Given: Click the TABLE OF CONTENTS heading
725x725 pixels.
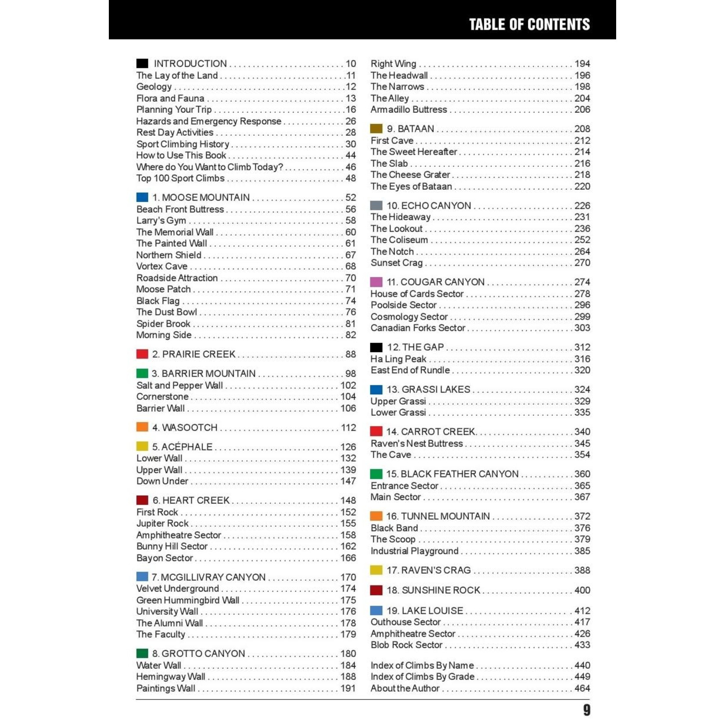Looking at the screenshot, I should (x=529, y=25).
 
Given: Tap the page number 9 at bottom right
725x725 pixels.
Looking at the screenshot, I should (x=586, y=710).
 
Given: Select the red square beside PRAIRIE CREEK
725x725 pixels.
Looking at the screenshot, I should (x=142, y=354).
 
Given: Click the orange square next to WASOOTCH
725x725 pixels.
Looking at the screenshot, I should (x=142, y=427).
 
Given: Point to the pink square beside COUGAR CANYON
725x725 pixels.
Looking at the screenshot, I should (x=376, y=282).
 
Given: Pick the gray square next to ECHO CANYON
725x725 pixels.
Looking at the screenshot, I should (x=376, y=205).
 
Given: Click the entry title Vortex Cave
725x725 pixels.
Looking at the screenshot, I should (x=162, y=266).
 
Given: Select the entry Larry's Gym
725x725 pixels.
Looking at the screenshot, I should (x=161, y=220).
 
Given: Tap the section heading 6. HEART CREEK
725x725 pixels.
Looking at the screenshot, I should (x=191, y=500).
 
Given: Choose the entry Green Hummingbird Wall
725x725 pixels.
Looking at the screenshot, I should (x=188, y=600).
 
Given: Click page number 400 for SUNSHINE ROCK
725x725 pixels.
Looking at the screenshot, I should (x=582, y=590).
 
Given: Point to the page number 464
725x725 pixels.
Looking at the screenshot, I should (x=582, y=688).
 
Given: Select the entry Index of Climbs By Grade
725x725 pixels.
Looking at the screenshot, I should (x=422, y=677).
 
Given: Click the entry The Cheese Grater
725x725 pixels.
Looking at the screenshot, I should (x=410, y=175).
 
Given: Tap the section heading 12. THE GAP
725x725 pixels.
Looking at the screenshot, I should (x=415, y=347).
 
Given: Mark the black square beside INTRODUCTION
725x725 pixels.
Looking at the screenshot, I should (x=142, y=64).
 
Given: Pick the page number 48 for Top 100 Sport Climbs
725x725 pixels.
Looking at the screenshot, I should (x=351, y=178).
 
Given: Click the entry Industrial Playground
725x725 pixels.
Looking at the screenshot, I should (x=414, y=551).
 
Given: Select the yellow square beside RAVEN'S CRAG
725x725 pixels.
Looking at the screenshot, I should (x=376, y=570).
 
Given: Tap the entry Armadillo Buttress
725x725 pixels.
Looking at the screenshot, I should (x=409, y=109).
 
